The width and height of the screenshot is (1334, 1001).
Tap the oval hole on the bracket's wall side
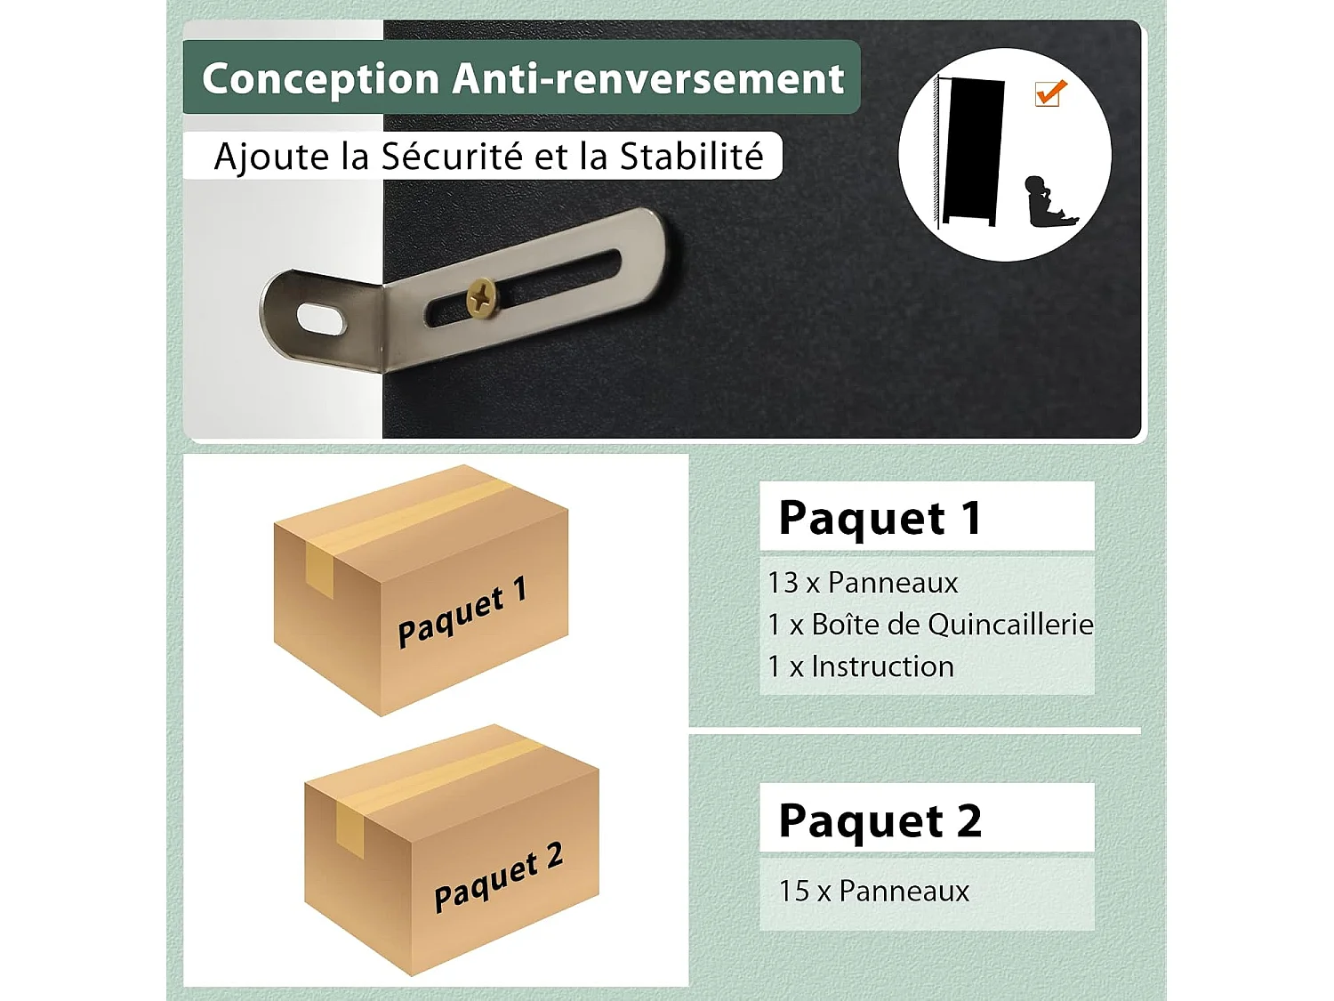pyautogui.click(x=321, y=319)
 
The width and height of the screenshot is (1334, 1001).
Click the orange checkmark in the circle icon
pyautogui.click(x=1050, y=93)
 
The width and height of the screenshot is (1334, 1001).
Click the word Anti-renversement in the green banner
pyautogui.click(x=648, y=78)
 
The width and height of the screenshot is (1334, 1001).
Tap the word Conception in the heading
pyautogui.click(x=320, y=78)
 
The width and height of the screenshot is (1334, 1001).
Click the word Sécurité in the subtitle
pyautogui.click(x=451, y=157)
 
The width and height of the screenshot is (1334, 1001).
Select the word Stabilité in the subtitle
pyautogui.click(x=691, y=157)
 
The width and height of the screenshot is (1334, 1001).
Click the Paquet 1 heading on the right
pyautogui.click(x=880, y=518)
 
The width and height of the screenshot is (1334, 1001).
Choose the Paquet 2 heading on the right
pyautogui.click(x=880, y=820)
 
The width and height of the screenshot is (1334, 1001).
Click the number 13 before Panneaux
pyautogui.click(x=784, y=583)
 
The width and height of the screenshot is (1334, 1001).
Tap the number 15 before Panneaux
pyautogui.click(x=794, y=891)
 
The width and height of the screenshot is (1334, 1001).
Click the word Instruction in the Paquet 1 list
pyautogui.click(x=882, y=666)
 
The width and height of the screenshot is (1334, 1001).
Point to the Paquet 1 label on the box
pyautogui.click(x=462, y=613)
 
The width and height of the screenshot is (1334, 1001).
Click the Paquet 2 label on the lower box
pyautogui.click(x=498, y=878)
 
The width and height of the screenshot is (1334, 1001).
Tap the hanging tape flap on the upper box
pyautogui.click(x=319, y=569)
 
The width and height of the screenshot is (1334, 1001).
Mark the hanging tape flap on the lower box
pyautogui.click(x=350, y=828)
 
